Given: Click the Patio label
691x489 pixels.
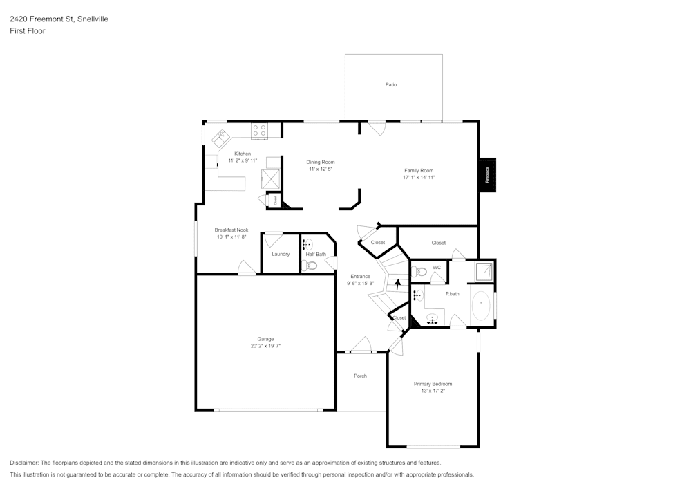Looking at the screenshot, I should click(391, 84).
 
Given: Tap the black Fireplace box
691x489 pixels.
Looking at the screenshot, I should click(487, 175).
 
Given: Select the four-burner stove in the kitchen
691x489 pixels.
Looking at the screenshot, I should click(260, 128).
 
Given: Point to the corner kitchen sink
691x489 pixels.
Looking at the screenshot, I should click(220, 138).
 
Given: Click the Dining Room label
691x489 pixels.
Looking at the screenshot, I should click(321, 162).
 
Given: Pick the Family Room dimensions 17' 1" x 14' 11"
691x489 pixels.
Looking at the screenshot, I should click(419, 178).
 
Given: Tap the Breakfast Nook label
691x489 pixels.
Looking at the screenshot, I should click(231, 230).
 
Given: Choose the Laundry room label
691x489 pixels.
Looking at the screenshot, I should click(281, 254).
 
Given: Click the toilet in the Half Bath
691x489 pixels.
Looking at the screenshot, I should click(311, 265).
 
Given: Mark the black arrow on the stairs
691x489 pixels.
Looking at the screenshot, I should click(397, 282).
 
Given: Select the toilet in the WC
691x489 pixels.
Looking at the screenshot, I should click(421, 272).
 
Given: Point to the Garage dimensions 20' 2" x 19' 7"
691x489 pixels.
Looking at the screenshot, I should click(265, 346).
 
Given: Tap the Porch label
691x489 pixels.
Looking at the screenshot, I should click(360, 376).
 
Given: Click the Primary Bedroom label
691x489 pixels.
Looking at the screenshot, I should click(433, 384).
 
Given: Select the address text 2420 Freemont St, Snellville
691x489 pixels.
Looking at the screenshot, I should click(59, 19).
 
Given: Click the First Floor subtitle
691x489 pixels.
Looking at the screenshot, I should click(28, 31).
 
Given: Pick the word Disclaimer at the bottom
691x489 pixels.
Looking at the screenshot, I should click(24, 463).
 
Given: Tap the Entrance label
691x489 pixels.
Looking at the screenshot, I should click(360, 276).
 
